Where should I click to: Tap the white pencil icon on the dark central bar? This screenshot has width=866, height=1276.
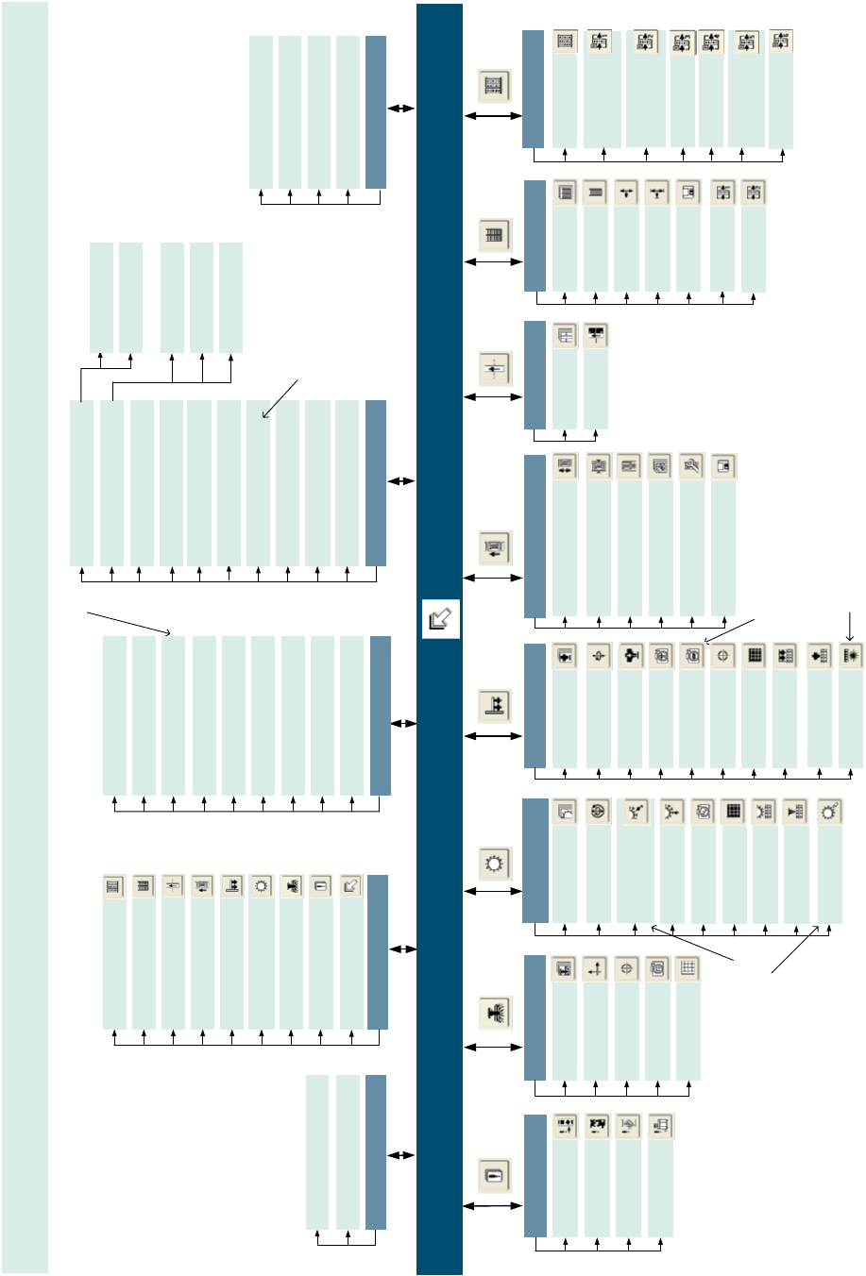[x=440, y=619]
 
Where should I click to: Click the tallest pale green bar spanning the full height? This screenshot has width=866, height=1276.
[x=25, y=637]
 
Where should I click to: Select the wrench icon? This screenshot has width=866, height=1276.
[x=692, y=465]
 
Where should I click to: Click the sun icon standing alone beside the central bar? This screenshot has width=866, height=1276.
[x=495, y=863]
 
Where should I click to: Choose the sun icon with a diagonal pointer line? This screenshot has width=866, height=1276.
[x=829, y=812]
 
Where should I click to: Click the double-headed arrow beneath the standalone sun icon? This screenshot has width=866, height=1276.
[x=493, y=891]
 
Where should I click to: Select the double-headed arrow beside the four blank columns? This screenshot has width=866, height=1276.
[x=401, y=109]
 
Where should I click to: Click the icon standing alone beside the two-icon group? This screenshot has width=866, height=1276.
[x=495, y=368]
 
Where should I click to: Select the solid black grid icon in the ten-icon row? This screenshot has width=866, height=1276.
[x=754, y=656]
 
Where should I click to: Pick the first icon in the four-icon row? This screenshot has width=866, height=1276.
[x=565, y=1126]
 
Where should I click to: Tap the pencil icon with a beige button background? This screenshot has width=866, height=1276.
[x=350, y=886]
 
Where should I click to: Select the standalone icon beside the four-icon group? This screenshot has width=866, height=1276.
[x=495, y=1176]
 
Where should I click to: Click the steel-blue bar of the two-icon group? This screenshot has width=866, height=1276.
[x=535, y=375]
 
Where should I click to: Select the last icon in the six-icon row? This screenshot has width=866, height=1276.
[x=722, y=465]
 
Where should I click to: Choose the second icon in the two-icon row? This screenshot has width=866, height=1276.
[x=596, y=334]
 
